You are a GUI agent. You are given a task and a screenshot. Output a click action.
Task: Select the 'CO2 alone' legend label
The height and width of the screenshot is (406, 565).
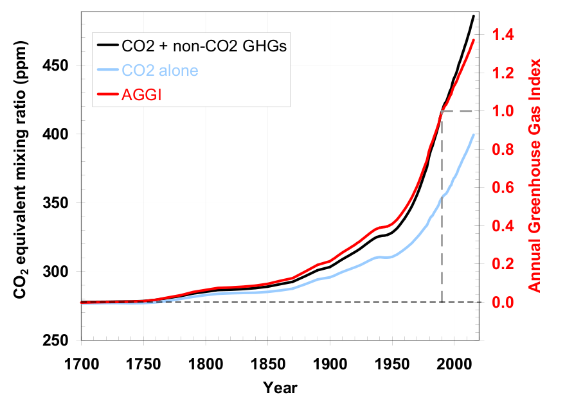coord(159,70)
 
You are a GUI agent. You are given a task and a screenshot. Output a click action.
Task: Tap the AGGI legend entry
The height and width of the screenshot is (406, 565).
coord(139,94)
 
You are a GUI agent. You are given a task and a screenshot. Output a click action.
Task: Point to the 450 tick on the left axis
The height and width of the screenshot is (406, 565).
coord(61,66)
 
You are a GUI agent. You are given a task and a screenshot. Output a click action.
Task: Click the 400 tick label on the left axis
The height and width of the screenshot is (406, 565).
coord(61,134)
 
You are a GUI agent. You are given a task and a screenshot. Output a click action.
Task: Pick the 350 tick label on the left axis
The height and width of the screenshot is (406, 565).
coord(61,203)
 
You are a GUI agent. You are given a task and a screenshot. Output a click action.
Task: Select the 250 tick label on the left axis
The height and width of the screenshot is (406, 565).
coord(61,340)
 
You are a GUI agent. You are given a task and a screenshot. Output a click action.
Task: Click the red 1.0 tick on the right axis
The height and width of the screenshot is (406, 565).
coord(502,111)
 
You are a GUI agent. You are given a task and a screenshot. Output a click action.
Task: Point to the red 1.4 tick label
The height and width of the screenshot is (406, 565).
coord(502,35)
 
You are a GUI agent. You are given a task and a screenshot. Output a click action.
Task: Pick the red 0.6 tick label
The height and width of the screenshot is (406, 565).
coord(502,188)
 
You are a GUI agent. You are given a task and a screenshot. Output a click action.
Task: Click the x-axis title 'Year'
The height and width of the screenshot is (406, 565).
coord(280,388)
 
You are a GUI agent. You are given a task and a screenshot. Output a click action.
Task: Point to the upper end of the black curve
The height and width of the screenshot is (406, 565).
coord(474,16)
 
